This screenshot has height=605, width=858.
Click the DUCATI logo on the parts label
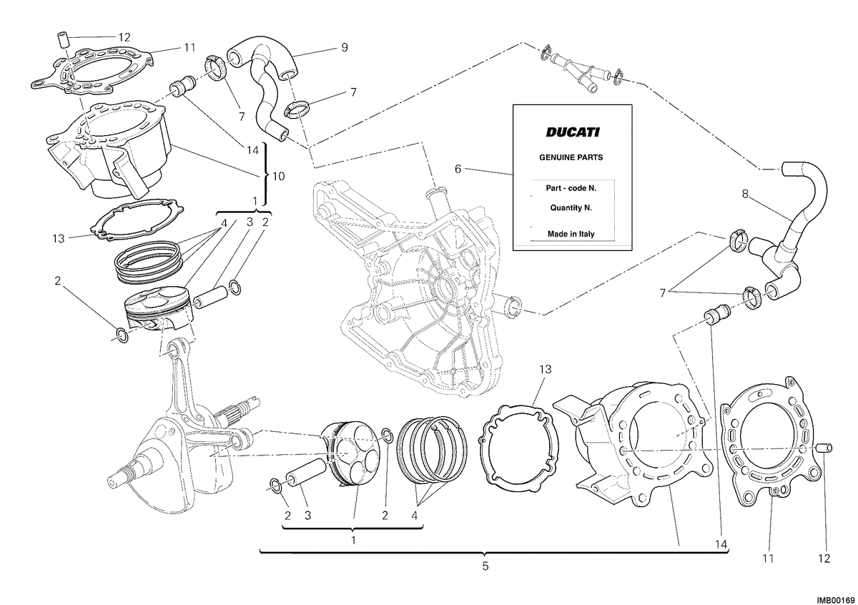coord(572,132)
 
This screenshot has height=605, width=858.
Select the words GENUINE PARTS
coord(571,157)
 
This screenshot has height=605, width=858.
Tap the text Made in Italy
coord(571,234)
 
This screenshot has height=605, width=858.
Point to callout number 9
coord(345,47)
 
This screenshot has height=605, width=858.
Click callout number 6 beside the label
coord(458,169)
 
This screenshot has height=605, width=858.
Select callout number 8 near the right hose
coord(745,194)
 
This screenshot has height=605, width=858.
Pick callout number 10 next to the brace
coord(278,176)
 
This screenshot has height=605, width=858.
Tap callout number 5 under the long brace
coord(485,566)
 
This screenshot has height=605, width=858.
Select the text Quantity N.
coord(571,207)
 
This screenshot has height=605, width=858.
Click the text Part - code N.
coord(571,189)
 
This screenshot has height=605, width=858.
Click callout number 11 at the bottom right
coord(768,559)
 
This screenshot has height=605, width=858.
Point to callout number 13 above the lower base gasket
coord(545,369)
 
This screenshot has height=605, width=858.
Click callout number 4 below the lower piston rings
coord(414,516)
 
